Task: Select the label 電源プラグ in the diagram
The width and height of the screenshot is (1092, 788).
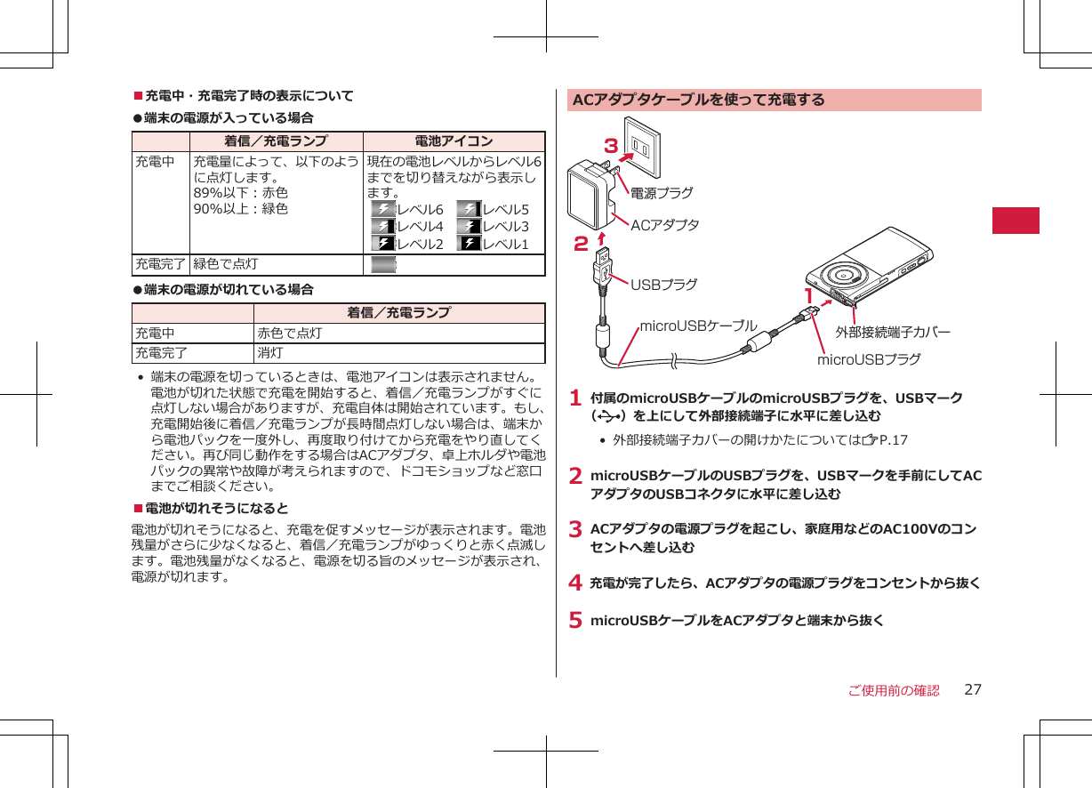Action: point(662,192)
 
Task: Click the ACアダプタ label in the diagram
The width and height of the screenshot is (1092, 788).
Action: point(664,225)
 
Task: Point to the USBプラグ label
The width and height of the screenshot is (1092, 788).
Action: point(663,285)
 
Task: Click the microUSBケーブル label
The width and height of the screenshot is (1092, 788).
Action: point(698,326)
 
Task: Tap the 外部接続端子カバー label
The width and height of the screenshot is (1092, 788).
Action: point(893,332)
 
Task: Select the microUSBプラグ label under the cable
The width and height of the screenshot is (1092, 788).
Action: point(869,359)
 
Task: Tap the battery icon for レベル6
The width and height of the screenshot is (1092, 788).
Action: point(383,210)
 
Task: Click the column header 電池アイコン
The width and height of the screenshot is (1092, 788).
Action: point(454,141)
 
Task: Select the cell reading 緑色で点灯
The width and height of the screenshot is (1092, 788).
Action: point(226,264)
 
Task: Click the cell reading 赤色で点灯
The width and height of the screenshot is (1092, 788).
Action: point(289,334)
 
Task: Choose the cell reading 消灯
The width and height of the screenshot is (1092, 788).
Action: point(270,353)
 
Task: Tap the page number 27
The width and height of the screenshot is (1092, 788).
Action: point(973,690)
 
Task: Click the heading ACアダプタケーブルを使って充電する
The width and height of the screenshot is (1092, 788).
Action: point(699,100)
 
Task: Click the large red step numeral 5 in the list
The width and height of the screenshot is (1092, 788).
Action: point(575,621)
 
